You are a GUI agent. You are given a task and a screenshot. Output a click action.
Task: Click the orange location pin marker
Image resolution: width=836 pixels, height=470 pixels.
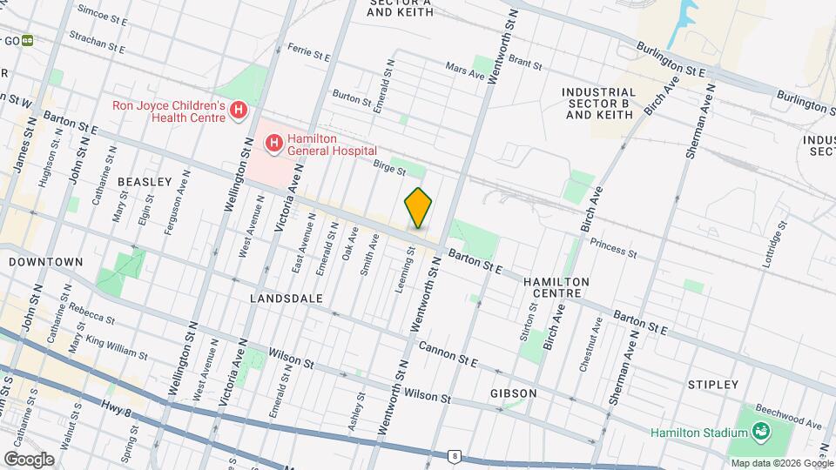[x=418, y=208]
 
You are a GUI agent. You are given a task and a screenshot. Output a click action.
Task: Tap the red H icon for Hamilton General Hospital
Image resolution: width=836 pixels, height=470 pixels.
[x=274, y=142]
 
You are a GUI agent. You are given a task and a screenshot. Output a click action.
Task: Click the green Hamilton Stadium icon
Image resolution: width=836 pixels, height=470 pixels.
[x=760, y=432]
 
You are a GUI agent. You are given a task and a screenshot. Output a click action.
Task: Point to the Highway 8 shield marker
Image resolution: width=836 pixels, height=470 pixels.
[x=454, y=455]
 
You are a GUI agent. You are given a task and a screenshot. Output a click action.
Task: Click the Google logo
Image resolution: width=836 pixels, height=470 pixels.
[x=28, y=459]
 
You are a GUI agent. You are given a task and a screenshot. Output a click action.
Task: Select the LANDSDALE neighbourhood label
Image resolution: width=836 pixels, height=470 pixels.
[x=287, y=298]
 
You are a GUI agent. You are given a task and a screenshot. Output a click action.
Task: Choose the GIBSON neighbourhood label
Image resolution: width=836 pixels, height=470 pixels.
[x=513, y=393]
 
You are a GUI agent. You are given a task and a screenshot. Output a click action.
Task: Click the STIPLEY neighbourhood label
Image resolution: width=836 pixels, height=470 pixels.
[x=712, y=384]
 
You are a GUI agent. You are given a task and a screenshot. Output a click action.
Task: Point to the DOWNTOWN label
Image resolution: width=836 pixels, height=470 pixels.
[x=46, y=261]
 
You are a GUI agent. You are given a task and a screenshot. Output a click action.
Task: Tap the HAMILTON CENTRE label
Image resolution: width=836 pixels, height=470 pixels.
[x=556, y=288]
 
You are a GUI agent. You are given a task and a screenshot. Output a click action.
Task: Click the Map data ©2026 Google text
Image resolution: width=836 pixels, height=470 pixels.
[x=781, y=463]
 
